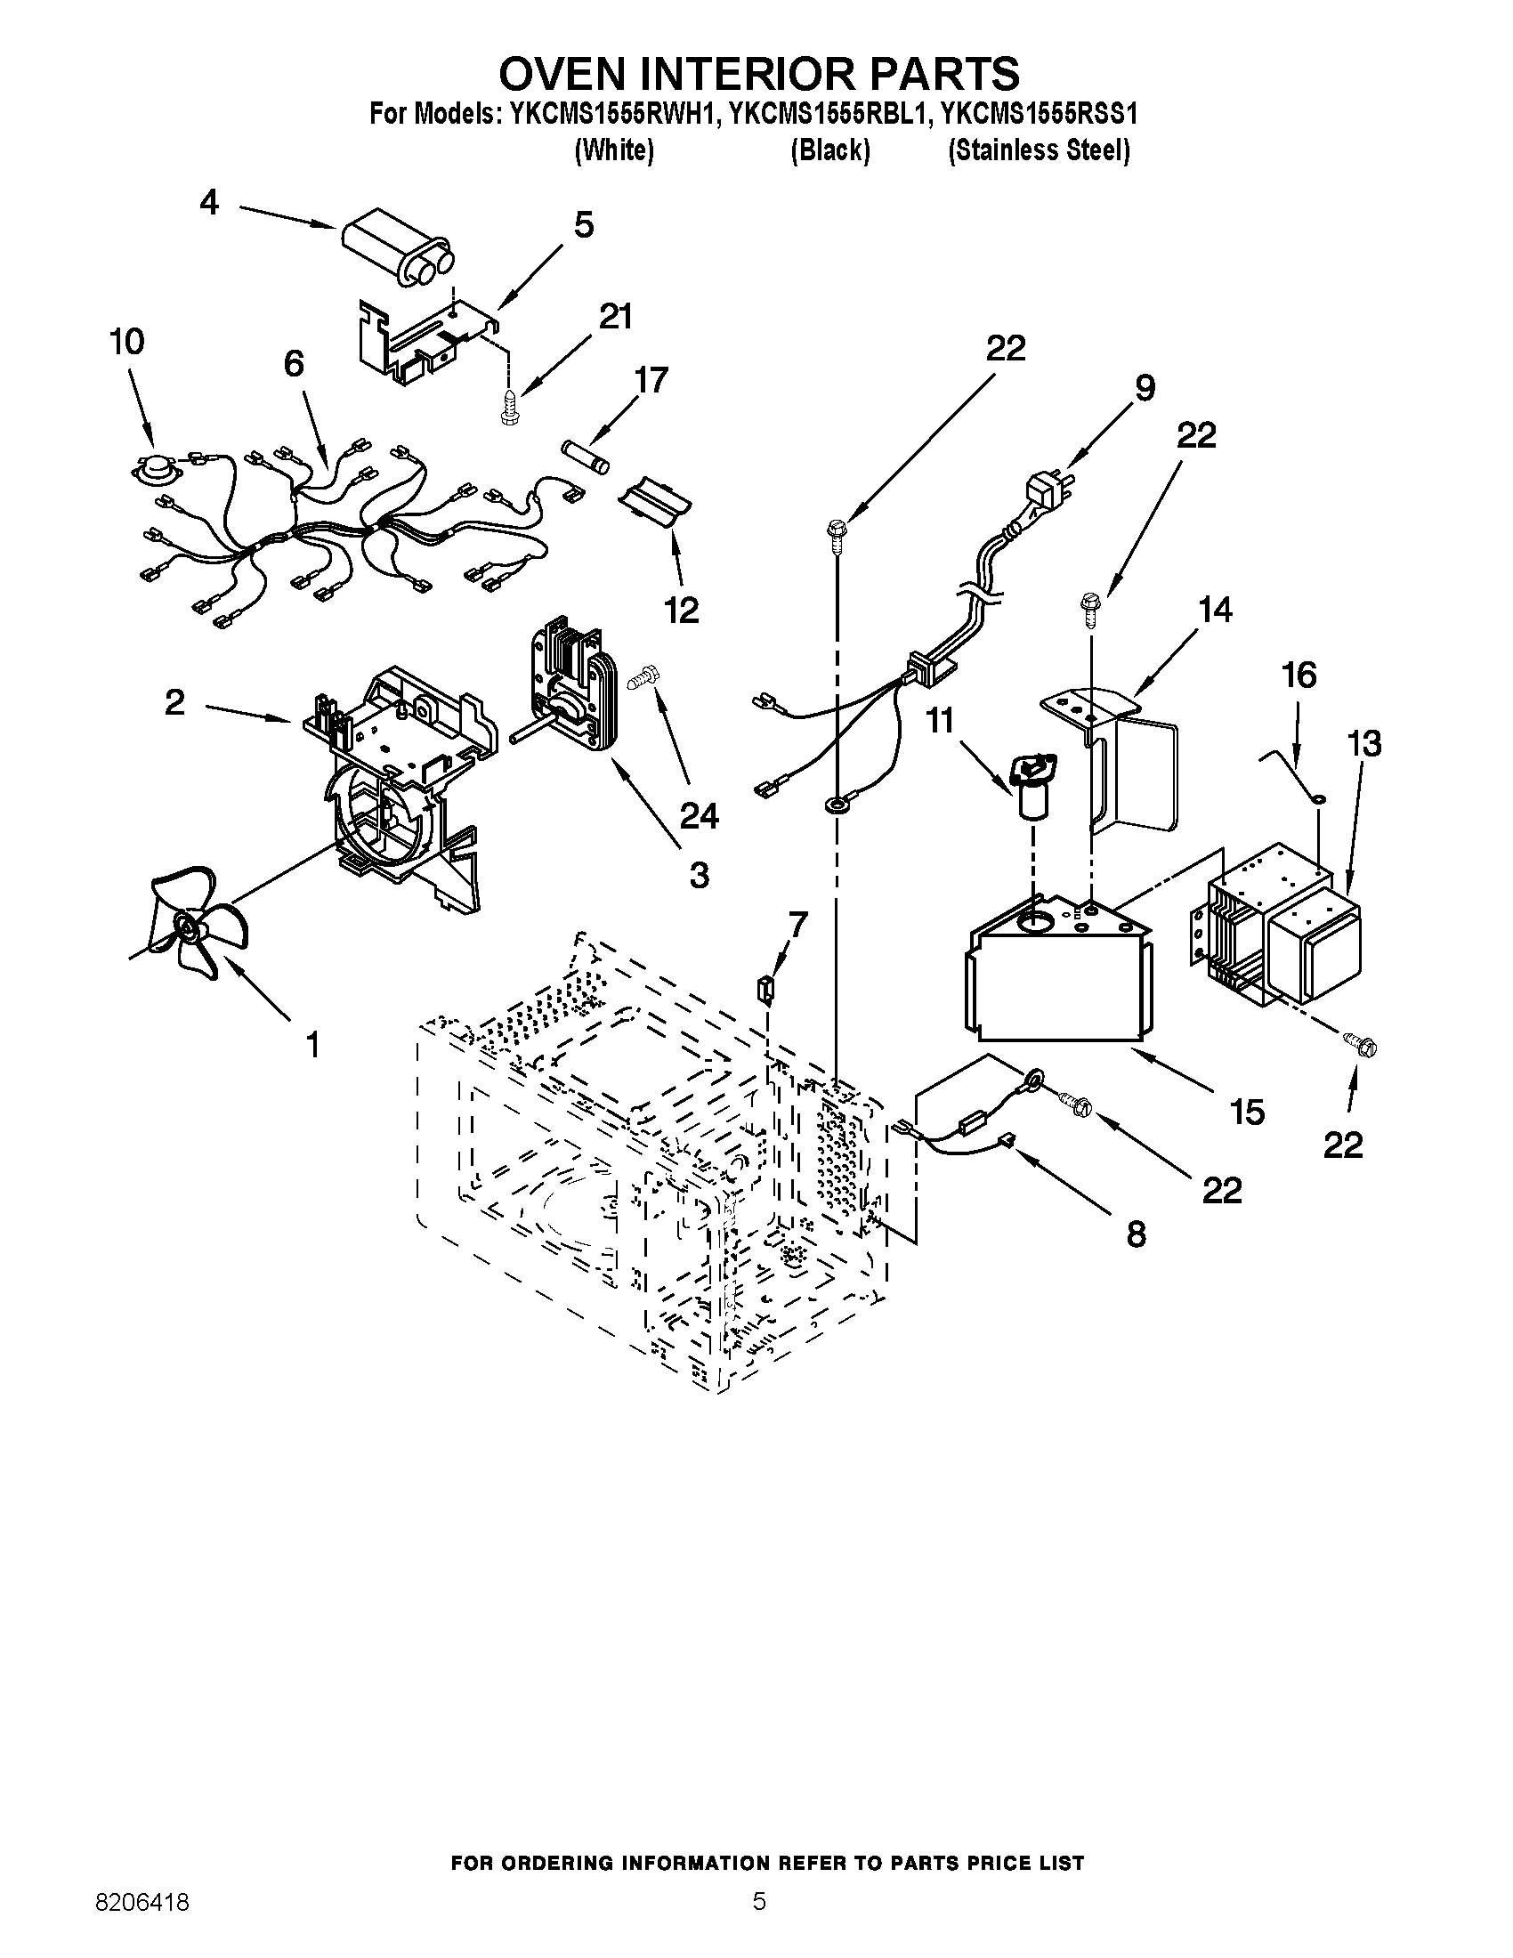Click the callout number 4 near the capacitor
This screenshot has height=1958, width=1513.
[x=208, y=204]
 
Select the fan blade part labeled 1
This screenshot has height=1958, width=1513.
[x=194, y=923]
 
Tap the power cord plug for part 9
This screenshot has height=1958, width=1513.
[x=1042, y=492]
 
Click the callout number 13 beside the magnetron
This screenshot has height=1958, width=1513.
[x=1363, y=743]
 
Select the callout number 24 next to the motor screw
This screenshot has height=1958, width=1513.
[x=699, y=815]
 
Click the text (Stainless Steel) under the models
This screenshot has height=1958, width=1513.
[x=1039, y=150]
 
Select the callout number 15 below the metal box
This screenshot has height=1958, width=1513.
[x=1246, y=1112]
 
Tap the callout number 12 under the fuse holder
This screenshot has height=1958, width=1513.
[x=681, y=611]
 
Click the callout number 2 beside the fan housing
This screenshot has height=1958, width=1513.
[x=174, y=702]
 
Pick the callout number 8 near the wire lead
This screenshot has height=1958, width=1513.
[x=1135, y=1234]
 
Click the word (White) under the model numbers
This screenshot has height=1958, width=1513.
[x=614, y=150]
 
